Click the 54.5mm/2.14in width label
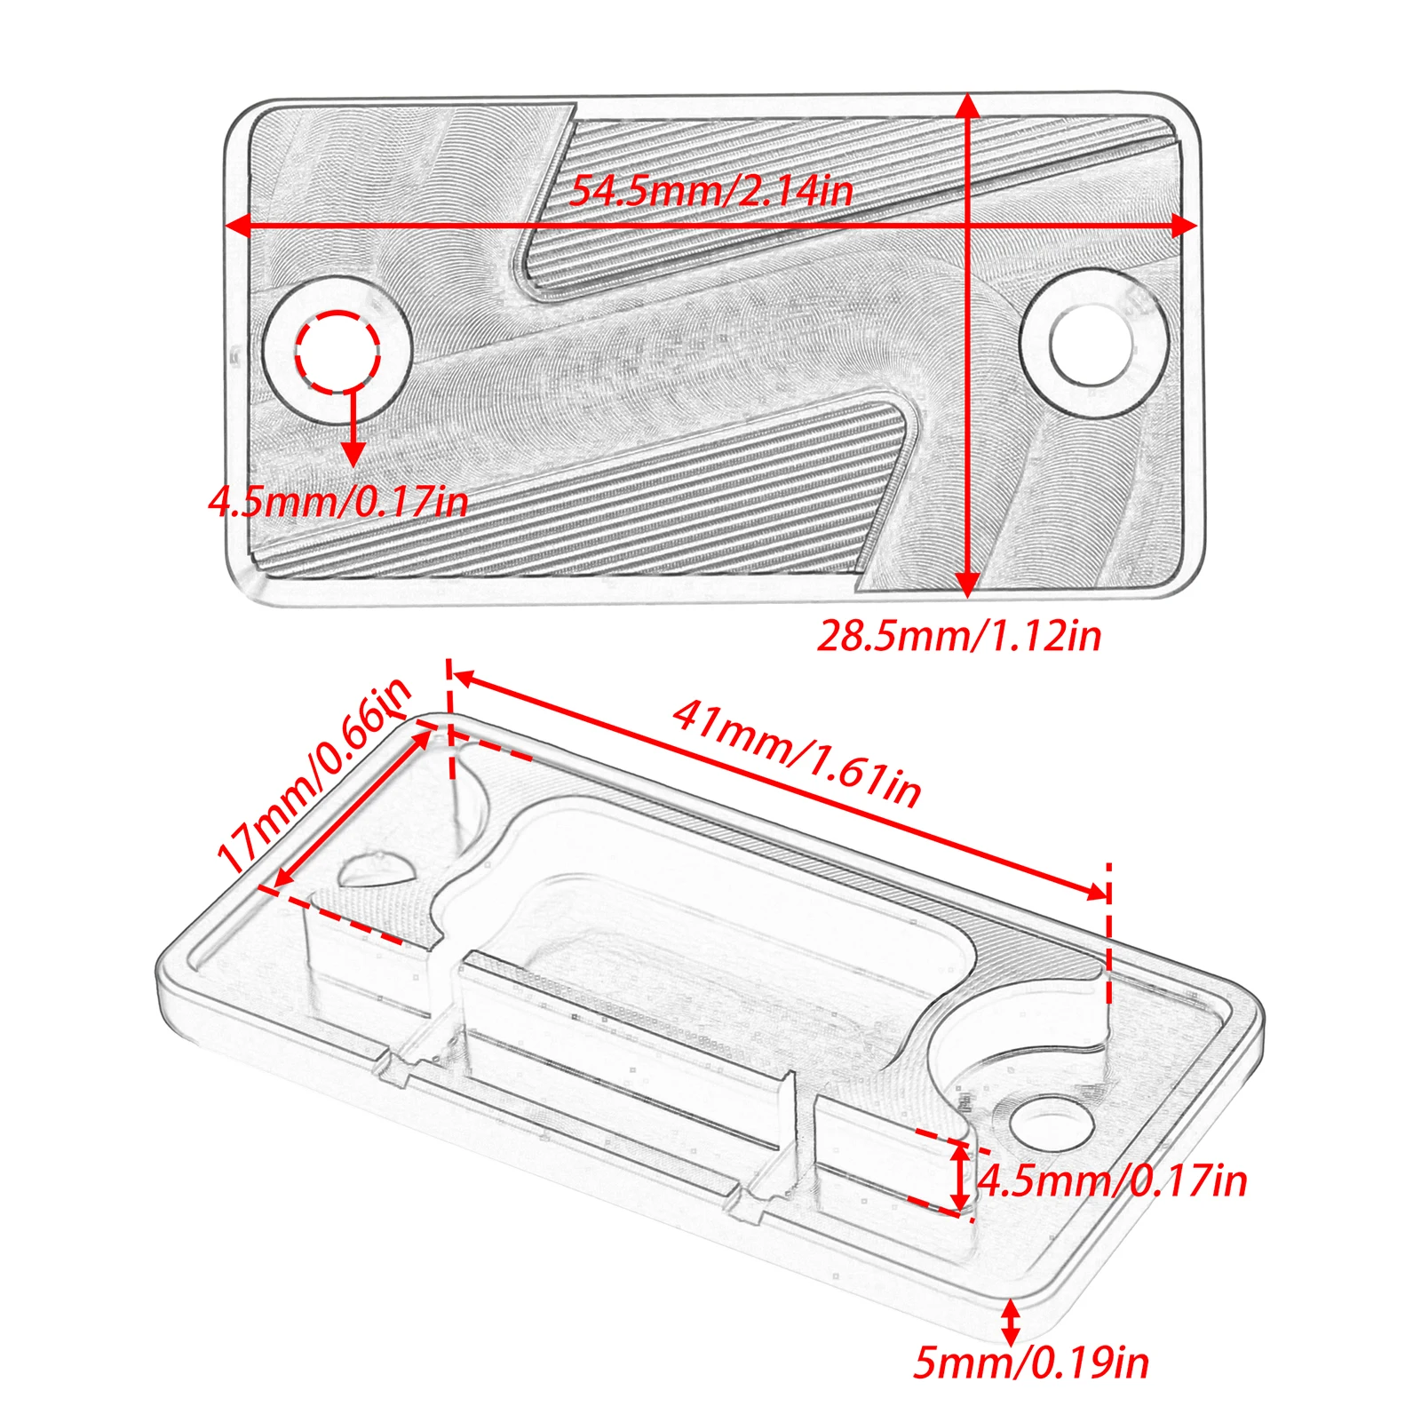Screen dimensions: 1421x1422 point(710,190)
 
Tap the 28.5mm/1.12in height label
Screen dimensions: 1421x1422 point(959,636)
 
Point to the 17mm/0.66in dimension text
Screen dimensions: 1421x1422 point(314,775)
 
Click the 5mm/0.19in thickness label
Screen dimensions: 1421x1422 point(1031,1362)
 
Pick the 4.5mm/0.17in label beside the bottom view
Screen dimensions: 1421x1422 point(1113,1181)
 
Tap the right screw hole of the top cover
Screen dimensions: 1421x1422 point(1091,344)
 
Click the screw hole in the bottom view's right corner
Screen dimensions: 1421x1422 point(1051,1123)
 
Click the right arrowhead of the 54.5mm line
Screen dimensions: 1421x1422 point(1185,226)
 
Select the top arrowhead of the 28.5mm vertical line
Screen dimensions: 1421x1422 point(968,106)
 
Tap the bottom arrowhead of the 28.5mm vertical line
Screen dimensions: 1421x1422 point(968,584)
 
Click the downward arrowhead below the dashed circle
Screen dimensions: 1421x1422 point(353,452)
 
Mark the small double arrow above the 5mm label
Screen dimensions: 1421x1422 point(1011,1323)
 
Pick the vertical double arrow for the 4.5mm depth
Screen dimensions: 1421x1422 point(960,1178)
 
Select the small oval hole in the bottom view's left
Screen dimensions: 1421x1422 point(377,869)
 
